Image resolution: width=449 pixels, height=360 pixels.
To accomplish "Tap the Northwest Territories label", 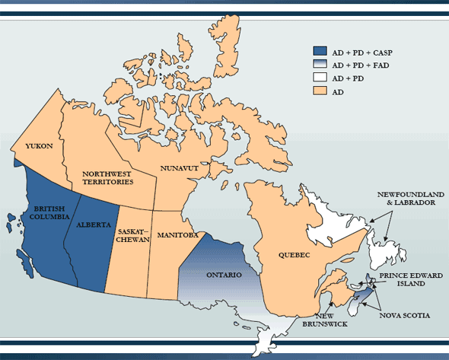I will (x=107, y=178).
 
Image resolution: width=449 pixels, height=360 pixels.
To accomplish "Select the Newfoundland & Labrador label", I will (x=407, y=199).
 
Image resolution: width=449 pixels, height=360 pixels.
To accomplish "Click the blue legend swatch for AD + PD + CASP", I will (x=320, y=53).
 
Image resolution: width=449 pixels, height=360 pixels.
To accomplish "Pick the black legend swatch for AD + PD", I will (x=320, y=78).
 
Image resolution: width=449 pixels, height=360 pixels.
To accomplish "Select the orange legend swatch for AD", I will (x=320, y=91).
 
